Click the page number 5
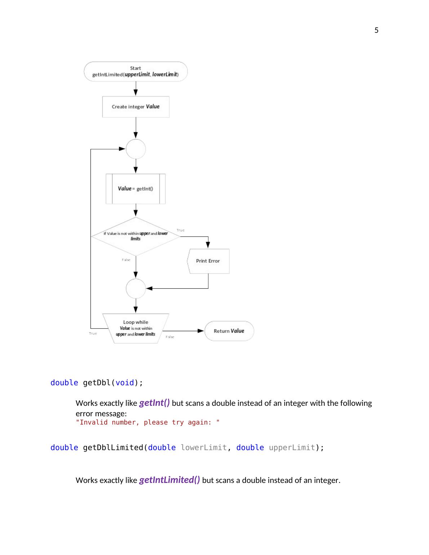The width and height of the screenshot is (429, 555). click(x=376, y=30)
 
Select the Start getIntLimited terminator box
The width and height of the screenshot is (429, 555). click(x=136, y=71)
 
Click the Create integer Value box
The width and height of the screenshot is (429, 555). click(x=136, y=107)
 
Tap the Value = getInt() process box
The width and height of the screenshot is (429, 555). click(x=136, y=188)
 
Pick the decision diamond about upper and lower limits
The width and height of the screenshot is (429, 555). click(x=136, y=236)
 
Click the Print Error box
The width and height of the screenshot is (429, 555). click(x=208, y=261)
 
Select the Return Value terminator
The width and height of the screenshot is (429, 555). click(x=229, y=331)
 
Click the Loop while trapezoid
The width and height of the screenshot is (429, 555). click(x=136, y=328)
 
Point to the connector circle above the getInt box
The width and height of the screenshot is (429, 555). click(x=136, y=149)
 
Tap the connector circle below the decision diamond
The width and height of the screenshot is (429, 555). click(x=136, y=288)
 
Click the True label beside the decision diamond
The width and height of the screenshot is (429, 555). click(x=180, y=230)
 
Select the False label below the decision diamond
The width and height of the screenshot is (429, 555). click(x=126, y=259)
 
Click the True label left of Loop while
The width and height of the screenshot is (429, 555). click(x=93, y=333)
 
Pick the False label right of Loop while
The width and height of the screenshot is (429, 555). click(x=170, y=337)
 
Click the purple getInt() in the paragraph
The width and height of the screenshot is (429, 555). click(x=154, y=403)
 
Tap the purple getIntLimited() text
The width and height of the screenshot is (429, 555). click(x=169, y=480)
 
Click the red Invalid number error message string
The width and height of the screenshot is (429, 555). click(x=147, y=422)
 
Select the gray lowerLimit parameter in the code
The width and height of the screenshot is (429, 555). click(x=204, y=448)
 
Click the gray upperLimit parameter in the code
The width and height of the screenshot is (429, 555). click(x=292, y=448)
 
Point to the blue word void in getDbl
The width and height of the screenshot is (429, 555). click(x=125, y=383)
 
